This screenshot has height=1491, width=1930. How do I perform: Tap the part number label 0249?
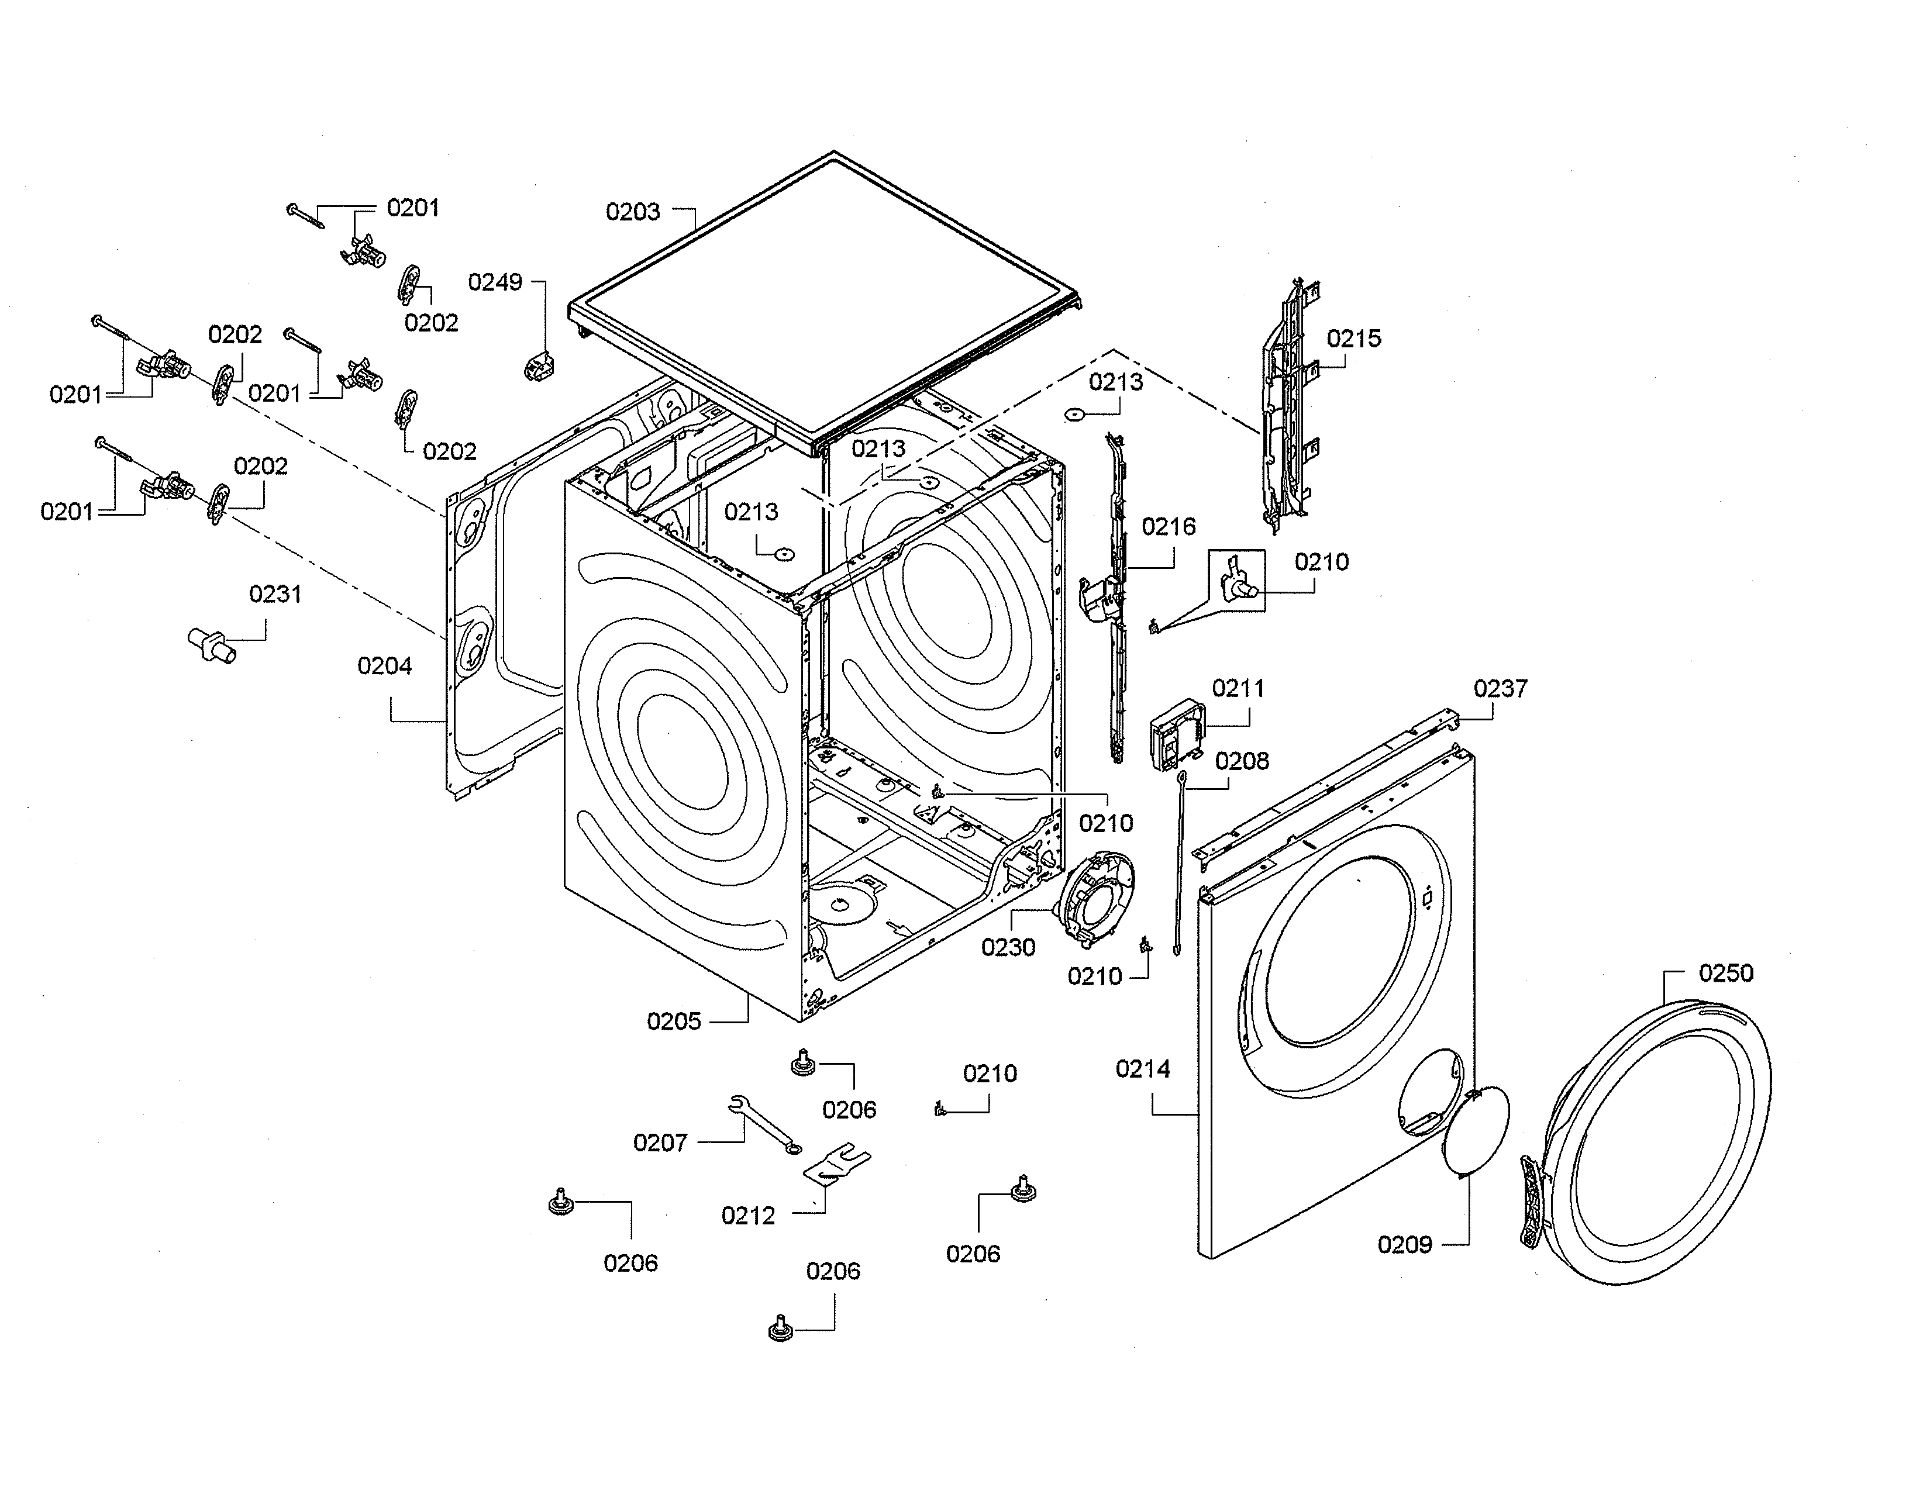pyautogui.click(x=495, y=282)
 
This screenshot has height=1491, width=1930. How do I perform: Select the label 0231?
pyautogui.click(x=275, y=595)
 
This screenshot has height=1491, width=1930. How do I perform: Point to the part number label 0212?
pyautogui.click(x=747, y=1216)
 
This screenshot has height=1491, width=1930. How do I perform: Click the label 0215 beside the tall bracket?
pyautogui.click(x=1353, y=339)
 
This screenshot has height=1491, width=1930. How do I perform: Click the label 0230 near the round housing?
pyautogui.click(x=1008, y=948)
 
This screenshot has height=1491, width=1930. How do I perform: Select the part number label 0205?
pyautogui.click(x=673, y=1022)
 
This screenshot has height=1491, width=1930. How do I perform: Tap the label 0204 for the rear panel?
pyautogui.click(x=384, y=666)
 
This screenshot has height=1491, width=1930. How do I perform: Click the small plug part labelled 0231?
pyautogui.click(x=212, y=645)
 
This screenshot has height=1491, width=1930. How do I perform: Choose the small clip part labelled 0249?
pyautogui.click(x=537, y=365)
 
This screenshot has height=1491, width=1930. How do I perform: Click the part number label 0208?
pyautogui.click(x=1242, y=761)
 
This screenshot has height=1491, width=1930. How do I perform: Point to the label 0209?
pyautogui.click(x=1404, y=1245)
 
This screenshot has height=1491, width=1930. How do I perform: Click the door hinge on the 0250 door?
pyautogui.click(x=1532, y=1202)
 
